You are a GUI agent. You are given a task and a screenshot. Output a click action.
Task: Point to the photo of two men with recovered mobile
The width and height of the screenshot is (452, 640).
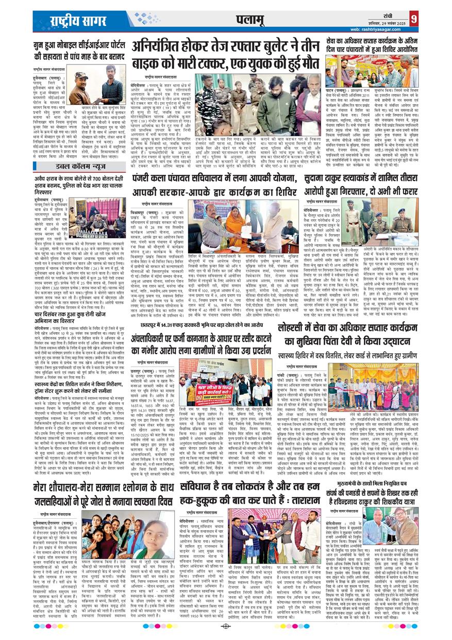coord(97,85)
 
